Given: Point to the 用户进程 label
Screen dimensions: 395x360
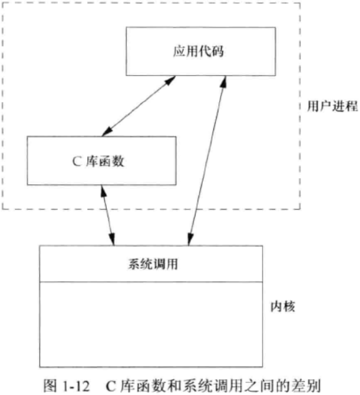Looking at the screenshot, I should (x=332, y=106).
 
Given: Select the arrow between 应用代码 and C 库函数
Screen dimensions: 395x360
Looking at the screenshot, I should (x=137, y=106).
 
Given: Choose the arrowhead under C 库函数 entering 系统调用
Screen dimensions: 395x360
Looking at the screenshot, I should (x=112, y=241).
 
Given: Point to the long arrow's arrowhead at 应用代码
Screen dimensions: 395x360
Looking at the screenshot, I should (x=224, y=79).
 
